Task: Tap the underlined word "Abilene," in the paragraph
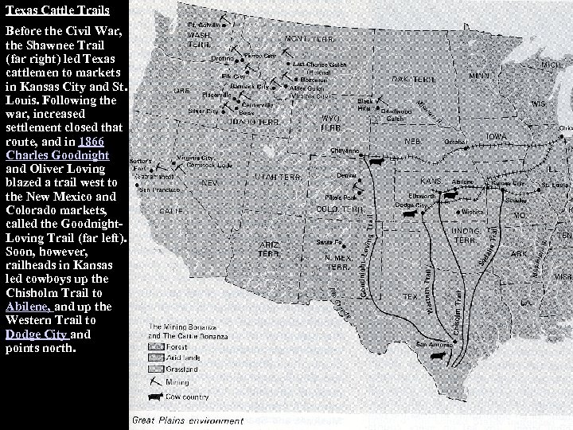pyautogui.click(x=26, y=306)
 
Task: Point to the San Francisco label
pyautogui.click(x=156, y=191)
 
